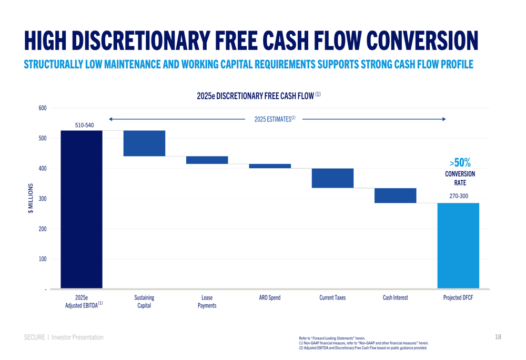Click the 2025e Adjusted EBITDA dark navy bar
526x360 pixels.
(82, 209)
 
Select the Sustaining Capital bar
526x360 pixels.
(144, 143)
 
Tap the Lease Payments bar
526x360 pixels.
(207, 160)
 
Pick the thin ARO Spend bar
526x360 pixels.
(269, 166)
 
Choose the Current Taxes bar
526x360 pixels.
(332, 178)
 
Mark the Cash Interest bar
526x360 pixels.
(395, 196)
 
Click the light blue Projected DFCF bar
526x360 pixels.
(458, 245)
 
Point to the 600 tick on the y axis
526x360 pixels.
(42, 108)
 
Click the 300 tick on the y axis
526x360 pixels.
(42, 199)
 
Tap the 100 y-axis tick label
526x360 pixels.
(42, 259)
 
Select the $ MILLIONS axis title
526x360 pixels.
(31, 199)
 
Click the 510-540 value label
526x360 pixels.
(84, 126)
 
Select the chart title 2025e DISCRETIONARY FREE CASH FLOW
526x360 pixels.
(258, 96)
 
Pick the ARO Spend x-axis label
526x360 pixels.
(269, 298)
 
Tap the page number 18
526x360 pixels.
(498, 337)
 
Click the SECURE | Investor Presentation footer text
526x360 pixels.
(64, 337)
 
